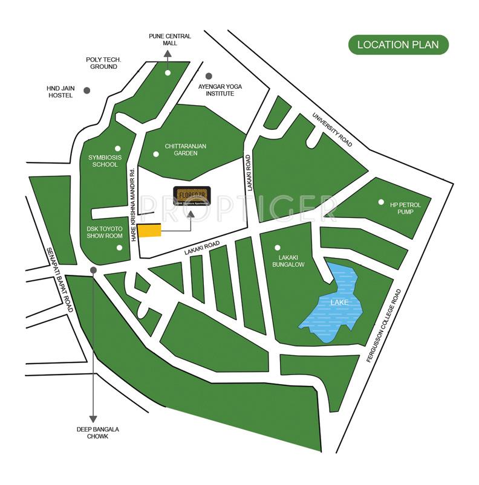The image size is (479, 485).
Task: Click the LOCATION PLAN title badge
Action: [x=398, y=45]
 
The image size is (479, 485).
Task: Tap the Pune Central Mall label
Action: [x=170, y=40]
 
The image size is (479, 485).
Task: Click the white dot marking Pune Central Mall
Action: [x=168, y=72]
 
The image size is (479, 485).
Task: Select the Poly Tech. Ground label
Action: [x=103, y=63]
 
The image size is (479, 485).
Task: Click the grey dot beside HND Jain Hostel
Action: [x=87, y=91]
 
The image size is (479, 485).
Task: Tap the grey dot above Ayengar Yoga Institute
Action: [x=209, y=76]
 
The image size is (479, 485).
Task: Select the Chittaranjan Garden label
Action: [x=189, y=149]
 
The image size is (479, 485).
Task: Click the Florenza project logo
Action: [x=192, y=196]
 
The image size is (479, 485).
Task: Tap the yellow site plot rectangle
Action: [x=149, y=231]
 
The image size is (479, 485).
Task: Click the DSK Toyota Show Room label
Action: [x=104, y=233]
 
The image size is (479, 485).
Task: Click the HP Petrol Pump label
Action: [x=405, y=209]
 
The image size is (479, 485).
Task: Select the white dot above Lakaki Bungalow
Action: [x=278, y=247]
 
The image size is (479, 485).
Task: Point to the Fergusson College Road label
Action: [x=383, y=325]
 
